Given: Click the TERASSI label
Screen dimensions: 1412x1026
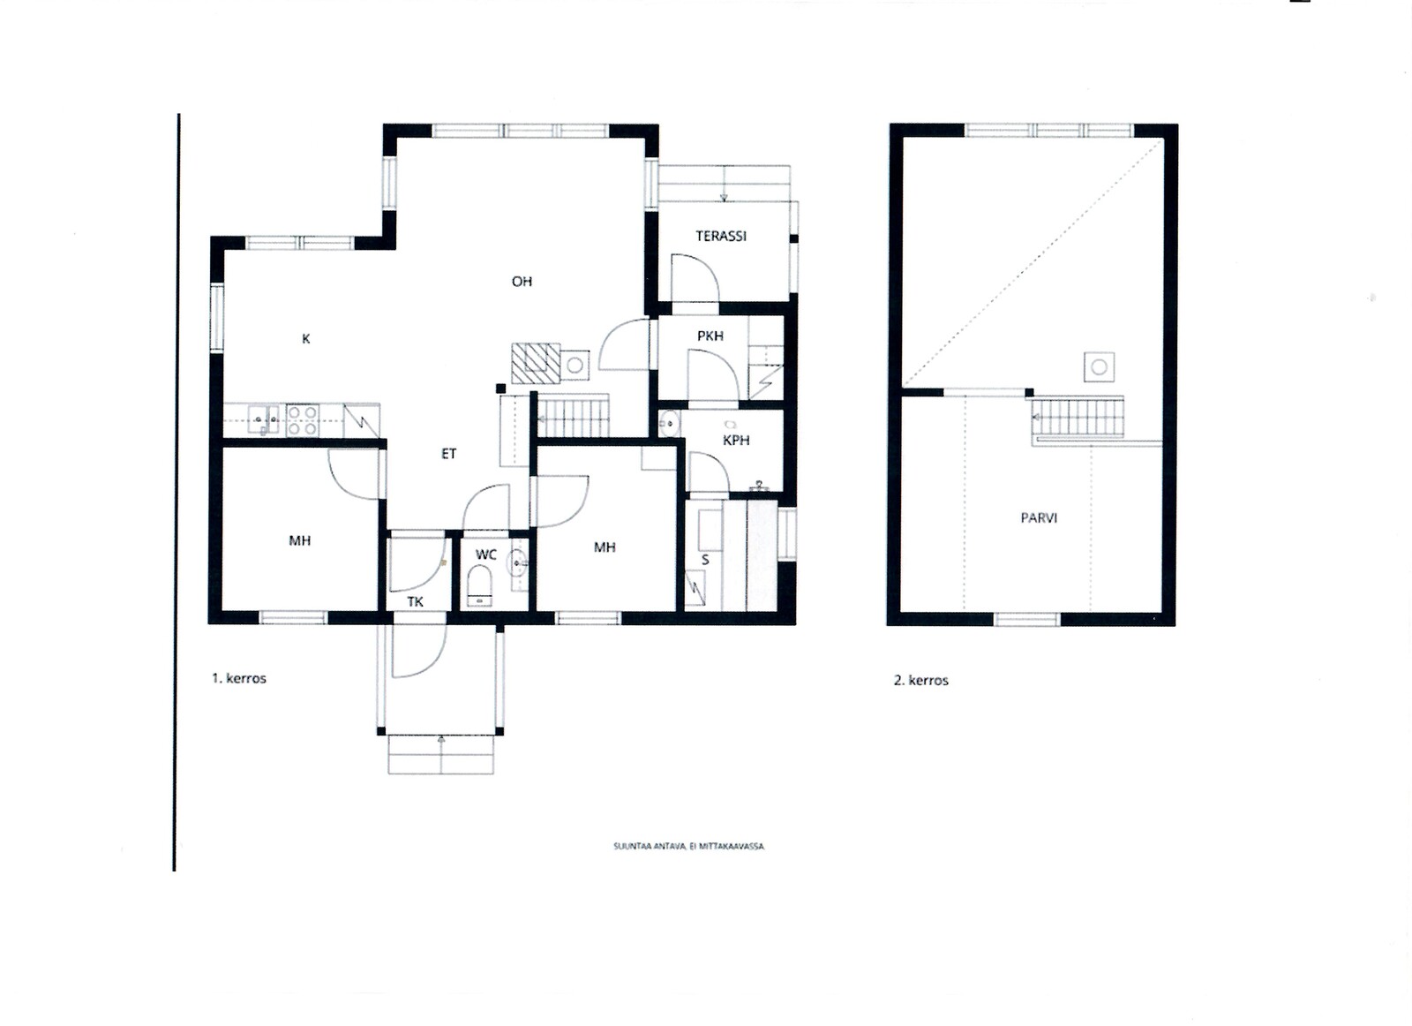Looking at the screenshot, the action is pos(720,236).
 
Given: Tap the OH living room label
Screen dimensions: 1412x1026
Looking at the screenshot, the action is pos(522,282).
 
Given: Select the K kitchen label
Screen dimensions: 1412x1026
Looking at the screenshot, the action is pos(305,339).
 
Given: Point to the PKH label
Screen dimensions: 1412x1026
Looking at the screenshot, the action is pos(710,336).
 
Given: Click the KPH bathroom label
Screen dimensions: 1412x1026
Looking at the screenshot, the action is pos(736,441).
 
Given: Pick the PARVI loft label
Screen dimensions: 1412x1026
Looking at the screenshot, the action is pos(1038,517).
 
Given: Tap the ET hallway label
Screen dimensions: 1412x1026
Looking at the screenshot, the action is pos(448,454).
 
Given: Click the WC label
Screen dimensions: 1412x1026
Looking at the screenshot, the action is pos(486,554).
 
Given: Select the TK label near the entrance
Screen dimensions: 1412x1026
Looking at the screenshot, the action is pos(415,601).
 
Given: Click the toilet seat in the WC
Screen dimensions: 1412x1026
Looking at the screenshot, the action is pos(480,585).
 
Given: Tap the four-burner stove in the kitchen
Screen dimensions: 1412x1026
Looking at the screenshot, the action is pos(303,420).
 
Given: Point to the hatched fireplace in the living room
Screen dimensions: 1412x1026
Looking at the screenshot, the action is pos(535,363).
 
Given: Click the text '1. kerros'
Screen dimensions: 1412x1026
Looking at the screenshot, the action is pos(239,678).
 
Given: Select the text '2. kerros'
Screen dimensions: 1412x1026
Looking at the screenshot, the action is pos(921,680).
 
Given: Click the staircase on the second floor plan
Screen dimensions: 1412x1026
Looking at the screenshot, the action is pos(1078,418).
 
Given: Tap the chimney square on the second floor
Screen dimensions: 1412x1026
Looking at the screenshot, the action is pos(1099,367).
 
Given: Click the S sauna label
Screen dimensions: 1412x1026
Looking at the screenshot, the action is pos(705,559).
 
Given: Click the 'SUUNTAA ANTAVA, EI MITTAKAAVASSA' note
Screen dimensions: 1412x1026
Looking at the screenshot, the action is pos(688,846).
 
